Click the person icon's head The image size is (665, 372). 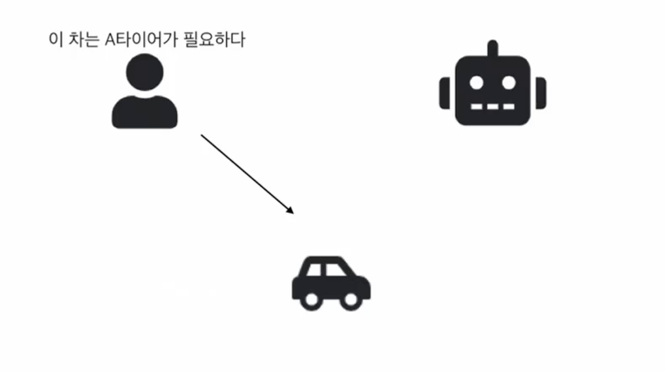pyautogui.click(x=144, y=73)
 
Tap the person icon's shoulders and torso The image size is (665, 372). pyautogui.click(x=144, y=113)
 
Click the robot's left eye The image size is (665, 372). pyautogui.click(x=477, y=83)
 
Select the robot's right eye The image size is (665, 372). pyautogui.click(x=509, y=83)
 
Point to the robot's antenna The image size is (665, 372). pyautogui.click(x=493, y=48)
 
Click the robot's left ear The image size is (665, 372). pyautogui.click(x=445, y=93)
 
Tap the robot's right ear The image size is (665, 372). pyautogui.click(x=541, y=93)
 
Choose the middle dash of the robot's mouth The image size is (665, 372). pyautogui.click(x=493, y=107)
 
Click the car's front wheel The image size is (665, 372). pyautogui.click(x=351, y=299)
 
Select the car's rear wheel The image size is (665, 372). pyautogui.click(x=312, y=299)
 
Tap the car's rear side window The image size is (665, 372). pyautogui.click(x=315, y=270)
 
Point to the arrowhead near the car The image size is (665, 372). pyautogui.click(x=290, y=210)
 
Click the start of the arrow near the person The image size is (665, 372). pyautogui.click(x=203, y=136)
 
